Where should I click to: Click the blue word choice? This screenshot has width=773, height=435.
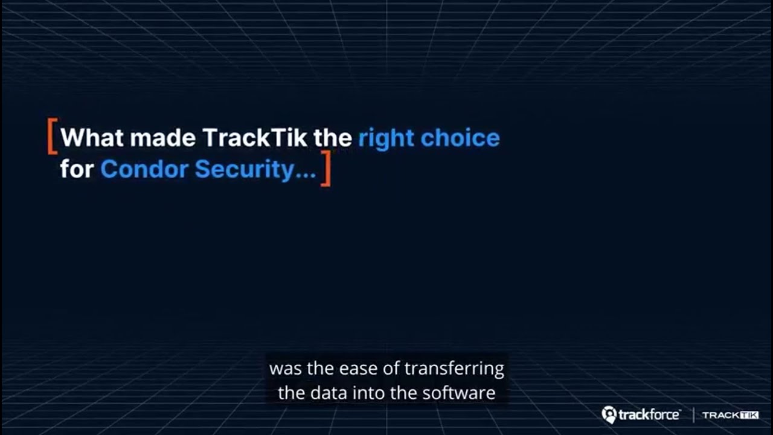460,138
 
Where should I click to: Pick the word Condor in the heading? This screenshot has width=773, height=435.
144,169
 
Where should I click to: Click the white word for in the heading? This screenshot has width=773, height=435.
77,169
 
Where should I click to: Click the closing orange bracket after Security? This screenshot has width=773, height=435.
326,169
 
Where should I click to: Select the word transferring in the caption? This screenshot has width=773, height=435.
454,368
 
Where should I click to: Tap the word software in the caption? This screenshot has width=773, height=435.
465,393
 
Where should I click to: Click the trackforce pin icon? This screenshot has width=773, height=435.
609,414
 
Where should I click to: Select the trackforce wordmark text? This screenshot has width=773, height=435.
649,415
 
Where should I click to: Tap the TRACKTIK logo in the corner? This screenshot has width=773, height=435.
730,415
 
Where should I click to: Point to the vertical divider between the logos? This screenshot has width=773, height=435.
693,415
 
